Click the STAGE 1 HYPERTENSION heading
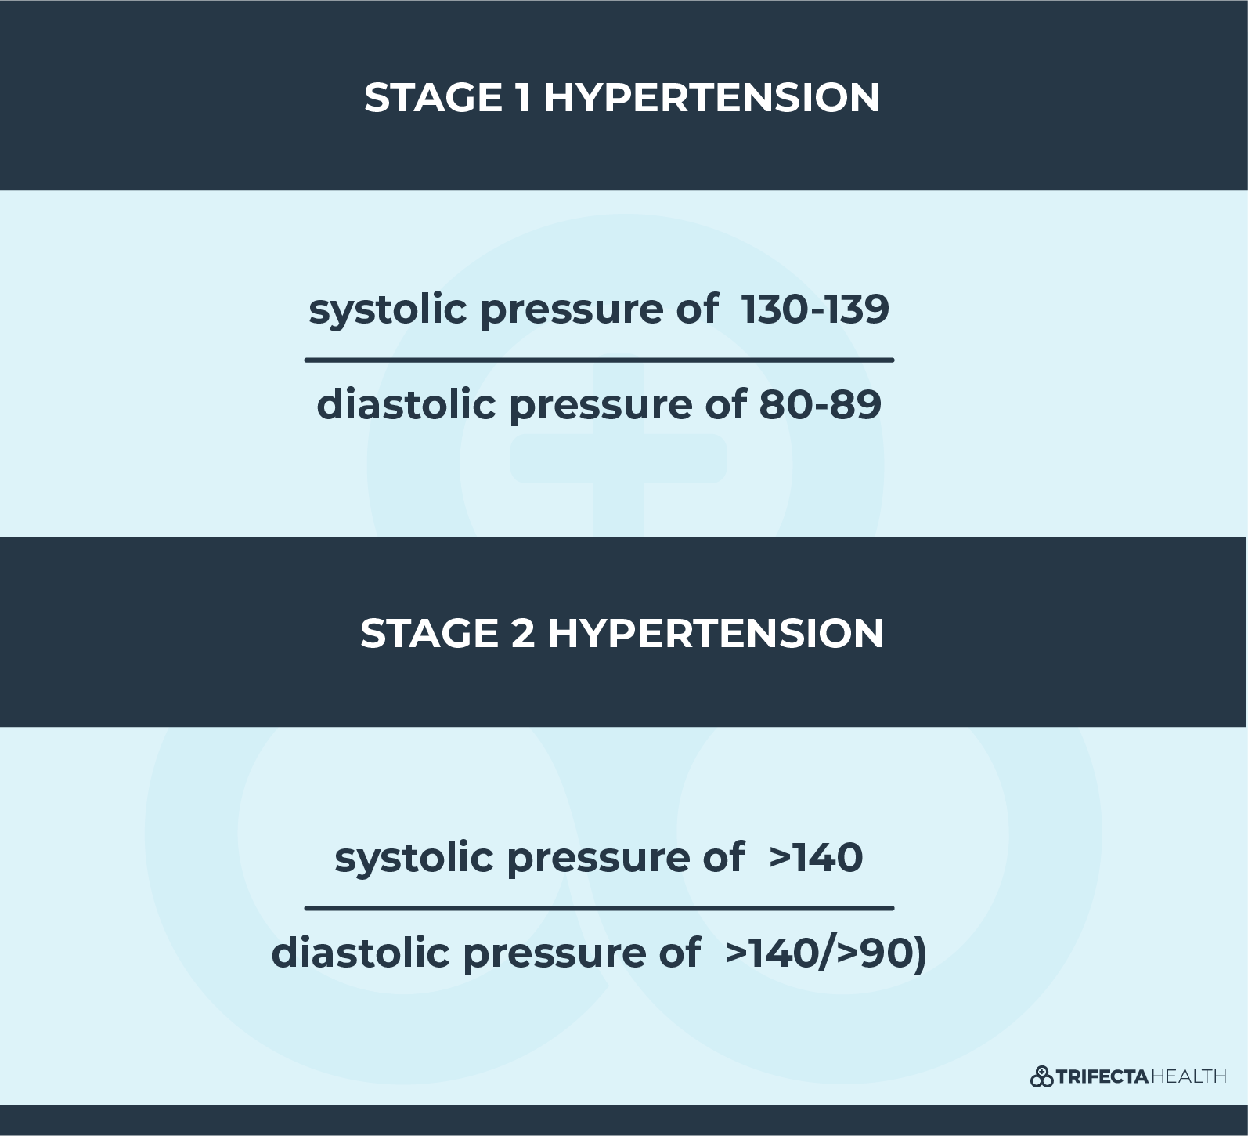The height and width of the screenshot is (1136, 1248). [x=622, y=98]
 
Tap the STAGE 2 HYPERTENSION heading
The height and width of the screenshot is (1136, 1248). [x=622, y=633]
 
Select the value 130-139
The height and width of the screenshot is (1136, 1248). [x=815, y=309]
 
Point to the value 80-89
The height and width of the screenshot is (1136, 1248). [x=821, y=404]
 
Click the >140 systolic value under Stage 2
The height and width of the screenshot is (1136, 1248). [x=816, y=857]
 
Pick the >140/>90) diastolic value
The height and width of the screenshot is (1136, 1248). [x=826, y=953]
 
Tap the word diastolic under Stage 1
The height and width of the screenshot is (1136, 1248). [x=406, y=404]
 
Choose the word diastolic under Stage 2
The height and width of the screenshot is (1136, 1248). [x=361, y=953]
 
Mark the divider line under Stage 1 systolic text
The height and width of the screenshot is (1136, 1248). [x=599, y=360]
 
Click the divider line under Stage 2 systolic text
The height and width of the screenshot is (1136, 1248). [x=599, y=909]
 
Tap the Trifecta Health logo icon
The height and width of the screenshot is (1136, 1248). [x=1041, y=1076]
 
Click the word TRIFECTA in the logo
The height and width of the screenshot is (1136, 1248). [x=1102, y=1077]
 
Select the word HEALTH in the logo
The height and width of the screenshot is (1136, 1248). [x=1188, y=1077]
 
